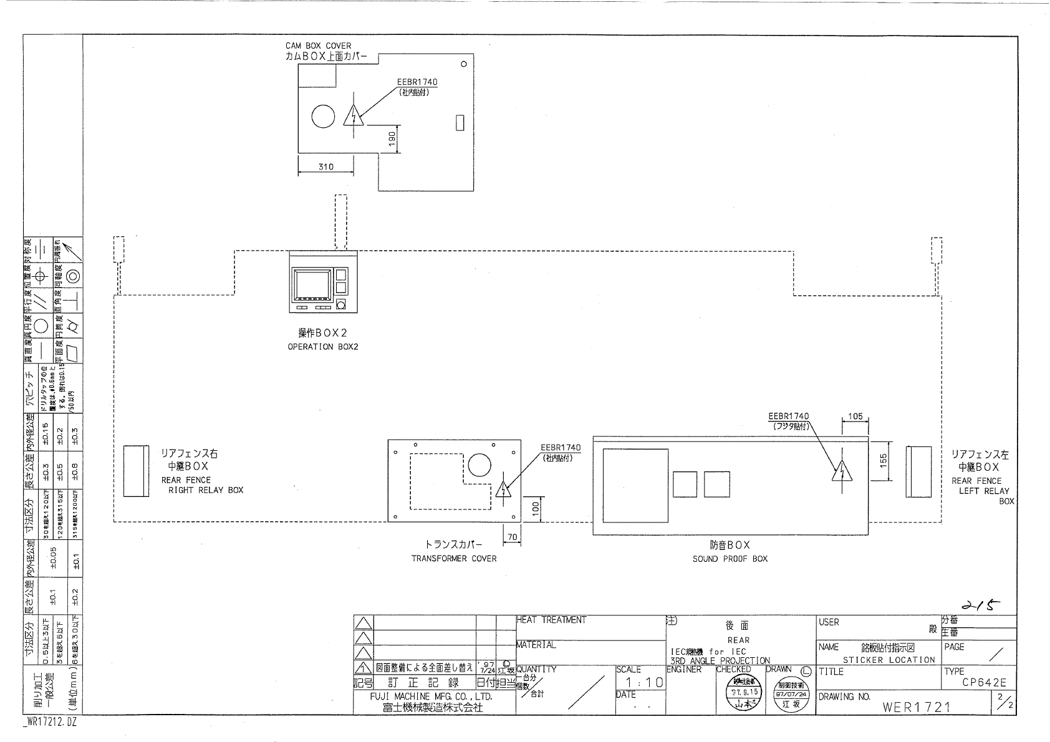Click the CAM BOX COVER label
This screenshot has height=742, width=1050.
[x=318, y=46]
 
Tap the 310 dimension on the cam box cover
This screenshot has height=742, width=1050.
[x=326, y=166]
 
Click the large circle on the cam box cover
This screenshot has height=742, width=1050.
[x=323, y=115]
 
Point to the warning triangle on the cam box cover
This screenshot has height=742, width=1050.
[x=353, y=117]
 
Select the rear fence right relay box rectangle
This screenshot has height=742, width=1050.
[x=136, y=471]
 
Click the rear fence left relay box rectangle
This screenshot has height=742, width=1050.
[x=918, y=471]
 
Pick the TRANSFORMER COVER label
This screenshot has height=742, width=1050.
[x=453, y=559]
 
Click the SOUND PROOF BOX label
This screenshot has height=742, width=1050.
[x=730, y=559]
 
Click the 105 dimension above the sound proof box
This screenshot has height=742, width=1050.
[x=855, y=417]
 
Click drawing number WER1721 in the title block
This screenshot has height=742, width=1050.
[x=916, y=706]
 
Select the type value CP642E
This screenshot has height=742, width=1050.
[x=984, y=683]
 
